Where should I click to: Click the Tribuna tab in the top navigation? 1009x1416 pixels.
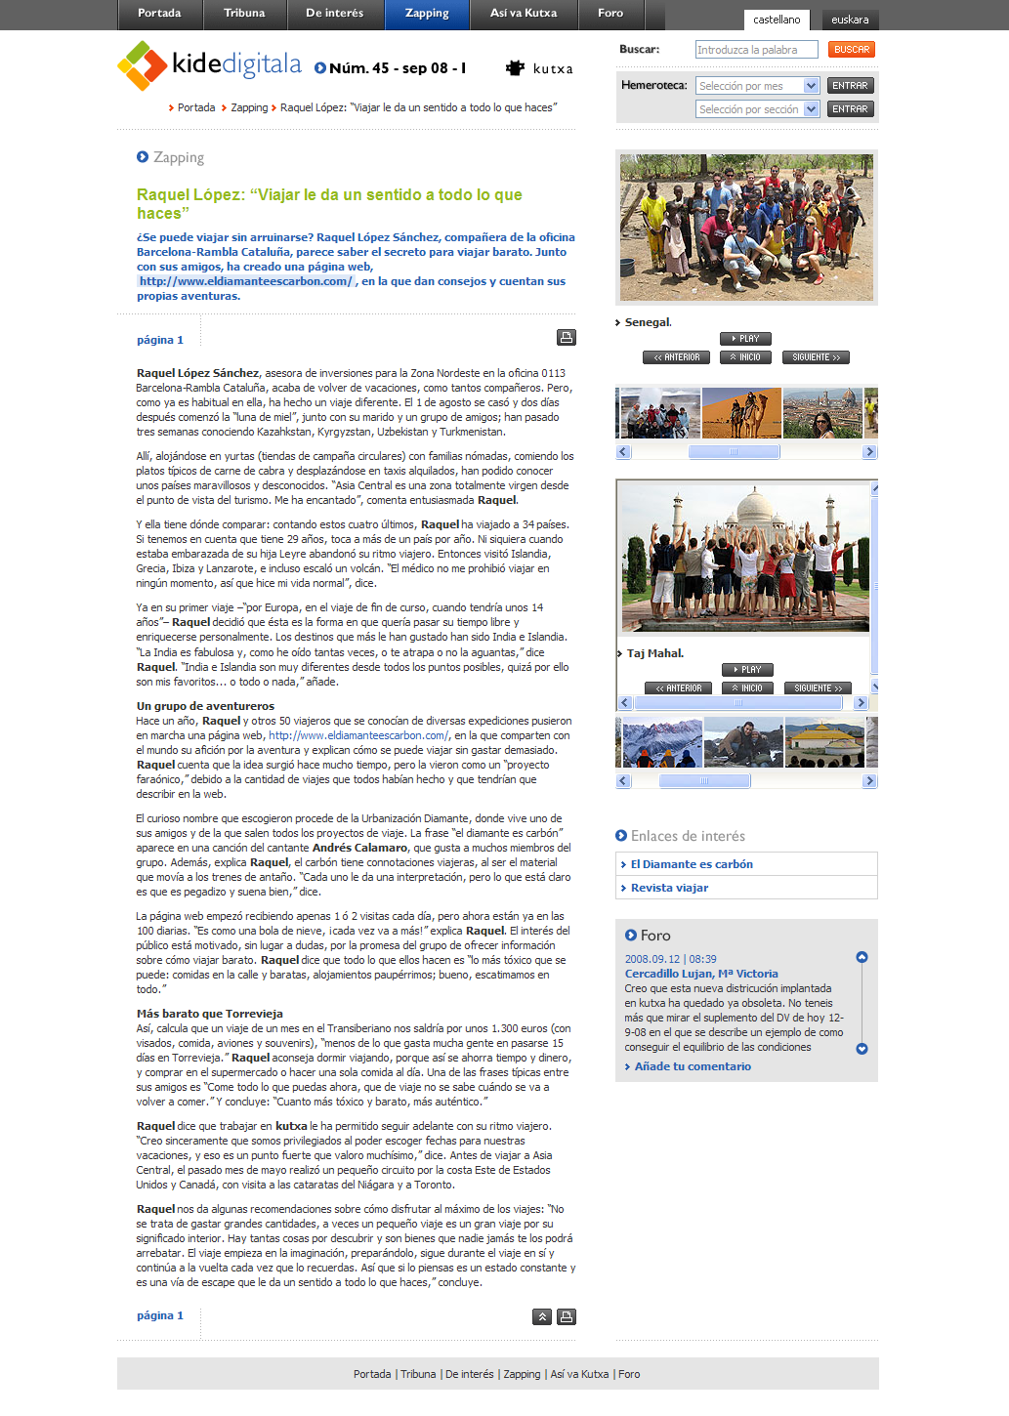coord(244,14)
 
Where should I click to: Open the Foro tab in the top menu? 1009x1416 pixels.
coord(610,14)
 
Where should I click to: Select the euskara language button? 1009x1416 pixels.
coord(850,20)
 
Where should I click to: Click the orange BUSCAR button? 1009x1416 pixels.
coord(852,49)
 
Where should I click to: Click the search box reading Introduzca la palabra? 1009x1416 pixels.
coord(756,50)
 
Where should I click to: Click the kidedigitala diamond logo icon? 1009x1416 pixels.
coord(142,65)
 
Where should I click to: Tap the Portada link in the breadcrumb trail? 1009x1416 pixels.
coord(195,107)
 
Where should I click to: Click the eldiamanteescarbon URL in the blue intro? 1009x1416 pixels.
coord(245,281)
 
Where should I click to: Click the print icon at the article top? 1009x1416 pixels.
coord(567,337)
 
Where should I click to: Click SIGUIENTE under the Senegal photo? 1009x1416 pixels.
coord(816,357)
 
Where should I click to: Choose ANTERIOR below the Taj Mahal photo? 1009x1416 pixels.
coord(678,688)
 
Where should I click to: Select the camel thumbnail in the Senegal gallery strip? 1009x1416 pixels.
coord(741,413)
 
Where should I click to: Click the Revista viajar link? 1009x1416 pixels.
coord(669,888)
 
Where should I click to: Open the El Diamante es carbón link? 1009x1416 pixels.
coord(692,864)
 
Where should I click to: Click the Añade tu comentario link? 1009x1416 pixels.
coord(693,1066)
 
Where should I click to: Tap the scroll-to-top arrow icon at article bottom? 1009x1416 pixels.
coord(542,1316)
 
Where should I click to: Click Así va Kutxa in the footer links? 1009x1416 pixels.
coord(579,1374)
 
